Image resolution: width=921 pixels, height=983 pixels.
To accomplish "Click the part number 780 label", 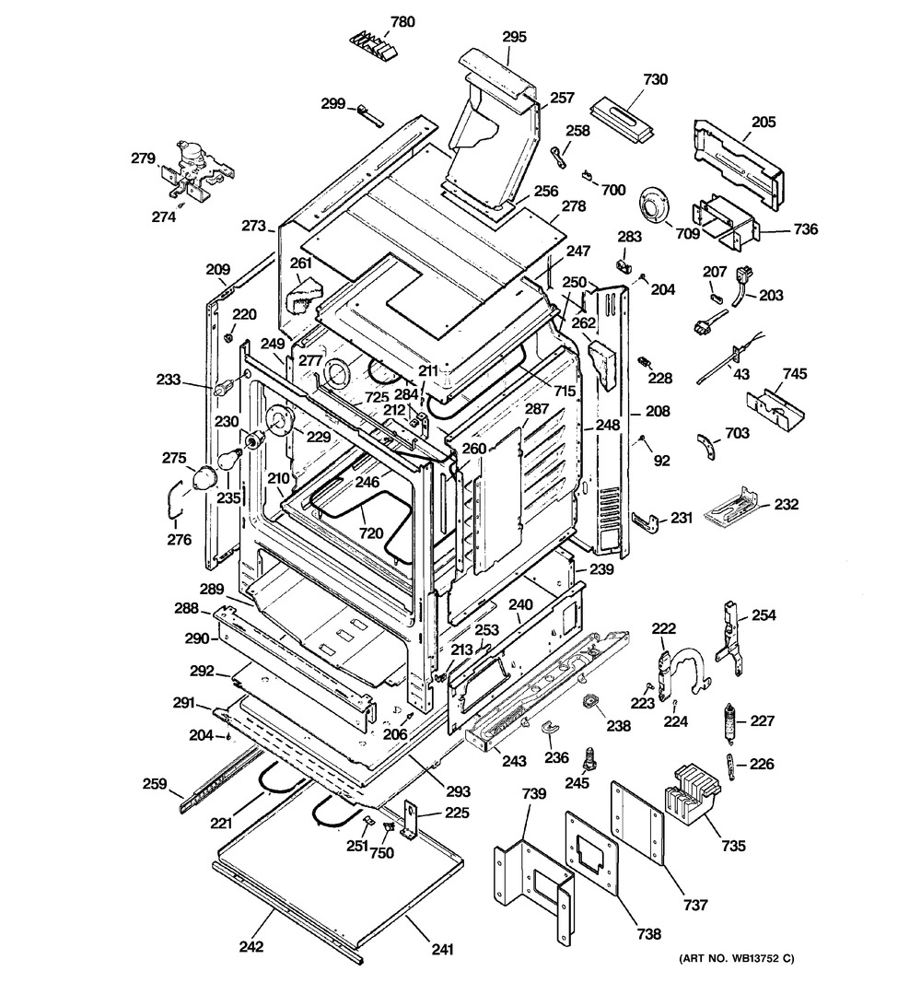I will (x=378, y=20).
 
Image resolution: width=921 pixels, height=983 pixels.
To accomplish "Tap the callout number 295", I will (x=514, y=37).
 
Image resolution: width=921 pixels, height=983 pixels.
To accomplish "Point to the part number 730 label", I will (x=655, y=79).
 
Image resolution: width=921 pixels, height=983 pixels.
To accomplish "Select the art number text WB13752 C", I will (x=738, y=962).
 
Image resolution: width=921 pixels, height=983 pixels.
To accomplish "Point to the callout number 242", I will (x=251, y=946).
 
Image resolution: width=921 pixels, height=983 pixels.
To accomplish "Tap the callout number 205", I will (x=764, y=121).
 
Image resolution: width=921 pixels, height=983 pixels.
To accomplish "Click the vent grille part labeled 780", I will (x=373, y=43).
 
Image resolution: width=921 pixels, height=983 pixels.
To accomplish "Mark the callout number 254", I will (x=764, y=614).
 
